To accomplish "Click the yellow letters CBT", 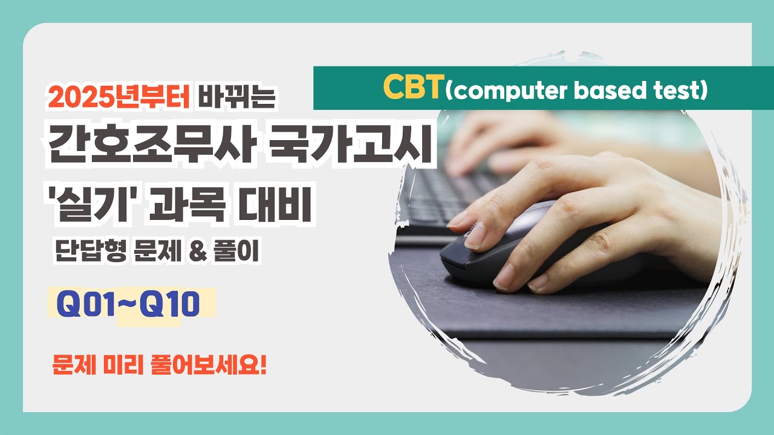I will (413, 89).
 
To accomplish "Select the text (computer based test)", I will (576, 90).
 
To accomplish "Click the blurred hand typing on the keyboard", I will (502, 136).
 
